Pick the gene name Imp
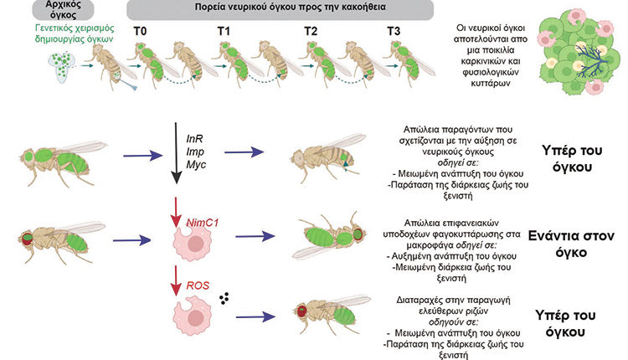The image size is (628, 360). tap(194, 151)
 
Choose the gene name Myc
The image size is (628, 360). tap(194, 167)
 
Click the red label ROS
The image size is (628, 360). tap(197, 285)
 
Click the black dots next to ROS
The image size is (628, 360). tap(224, 298)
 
